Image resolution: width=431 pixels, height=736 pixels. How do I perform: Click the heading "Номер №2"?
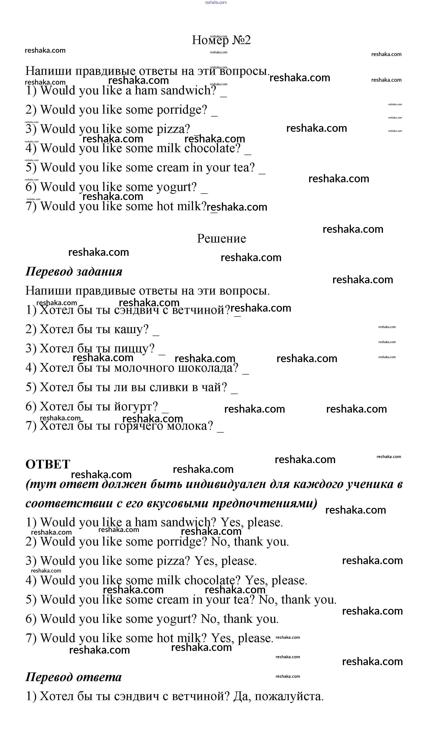[x=221, y=40]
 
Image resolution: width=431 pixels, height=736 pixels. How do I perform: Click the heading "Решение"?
[x=221, y=238]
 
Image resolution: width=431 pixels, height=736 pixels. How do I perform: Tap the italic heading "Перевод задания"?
[x=74, y=271]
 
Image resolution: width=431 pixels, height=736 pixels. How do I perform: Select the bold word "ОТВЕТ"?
[x=48, y=464]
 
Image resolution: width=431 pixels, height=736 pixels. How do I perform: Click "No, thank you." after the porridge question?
[x=250, y=542]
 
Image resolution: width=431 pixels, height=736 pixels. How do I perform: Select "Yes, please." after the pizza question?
[x=226, y=561]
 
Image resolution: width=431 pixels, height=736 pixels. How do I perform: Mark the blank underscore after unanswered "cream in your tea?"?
[x=262, y=172]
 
